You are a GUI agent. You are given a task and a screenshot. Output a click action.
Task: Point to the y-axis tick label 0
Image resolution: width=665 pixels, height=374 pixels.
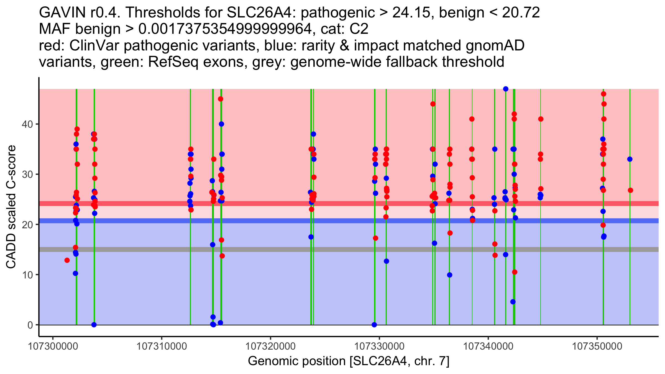click(x=30, y=325)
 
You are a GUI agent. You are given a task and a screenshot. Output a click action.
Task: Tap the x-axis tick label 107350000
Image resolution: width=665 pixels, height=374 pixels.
click(x=597, y=346)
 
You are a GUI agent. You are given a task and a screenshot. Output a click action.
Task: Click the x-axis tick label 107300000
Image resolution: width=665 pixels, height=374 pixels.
click(x=53, y=346)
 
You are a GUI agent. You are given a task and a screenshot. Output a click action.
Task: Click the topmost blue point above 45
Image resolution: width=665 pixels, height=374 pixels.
click(x=506, y=89)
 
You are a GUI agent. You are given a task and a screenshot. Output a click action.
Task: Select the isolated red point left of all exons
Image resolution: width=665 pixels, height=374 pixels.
click(x=67, y=260)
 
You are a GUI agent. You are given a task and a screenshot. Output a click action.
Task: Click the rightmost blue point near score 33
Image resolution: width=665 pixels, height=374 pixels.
click(x=630, y=159)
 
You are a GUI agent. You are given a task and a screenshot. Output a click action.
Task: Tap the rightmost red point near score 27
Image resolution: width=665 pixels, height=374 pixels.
click(x=630, y=190)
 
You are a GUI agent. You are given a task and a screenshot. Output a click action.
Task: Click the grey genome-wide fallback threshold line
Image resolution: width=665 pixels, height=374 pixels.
click(x=277, y=249)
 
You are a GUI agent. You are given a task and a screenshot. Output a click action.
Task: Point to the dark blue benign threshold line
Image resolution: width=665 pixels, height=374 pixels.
click(x=277, y=221)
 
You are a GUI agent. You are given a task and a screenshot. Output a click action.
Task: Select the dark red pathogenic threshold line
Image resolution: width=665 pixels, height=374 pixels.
click(x=277, y=204)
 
